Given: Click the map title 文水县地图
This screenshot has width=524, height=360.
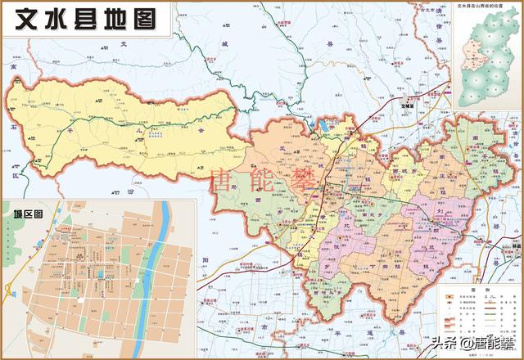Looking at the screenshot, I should [x=81, y=18].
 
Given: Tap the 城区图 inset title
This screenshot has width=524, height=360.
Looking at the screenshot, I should [x=28, y=214].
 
